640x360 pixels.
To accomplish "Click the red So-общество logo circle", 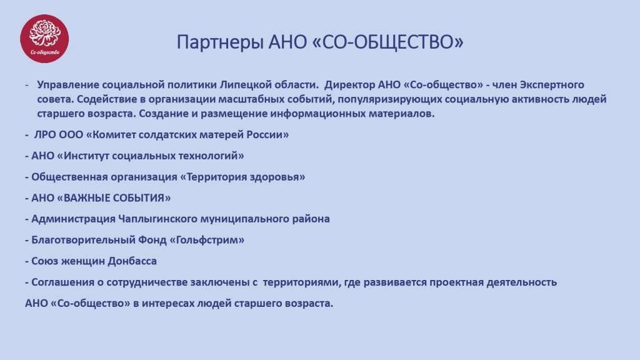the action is pyautogui.click(x=44, y=39).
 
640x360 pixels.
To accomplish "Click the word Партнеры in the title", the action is pyautogui.click(x=219, y=42).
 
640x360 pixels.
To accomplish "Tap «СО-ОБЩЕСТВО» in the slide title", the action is pyautogui.click(x=387, y=42).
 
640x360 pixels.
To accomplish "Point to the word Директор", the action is pyautogui.click(x=350, y=85).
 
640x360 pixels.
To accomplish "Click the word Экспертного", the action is pyautogui.click(x=552, y=85).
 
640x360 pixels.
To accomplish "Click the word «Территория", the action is pyautogui.click(x=214, y=177).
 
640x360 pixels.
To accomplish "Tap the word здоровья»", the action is pyautogui.click(x=278, y=177).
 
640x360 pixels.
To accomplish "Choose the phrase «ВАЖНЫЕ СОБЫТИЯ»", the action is pyautogui.click(x=114, y=198).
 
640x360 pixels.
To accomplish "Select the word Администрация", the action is pyautogui.click(x=74, y=219).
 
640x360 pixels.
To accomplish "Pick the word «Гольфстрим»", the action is pyautogui.click(x=207, y=240).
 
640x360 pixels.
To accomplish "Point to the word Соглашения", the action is pyautogui.click(x=62, y=282).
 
